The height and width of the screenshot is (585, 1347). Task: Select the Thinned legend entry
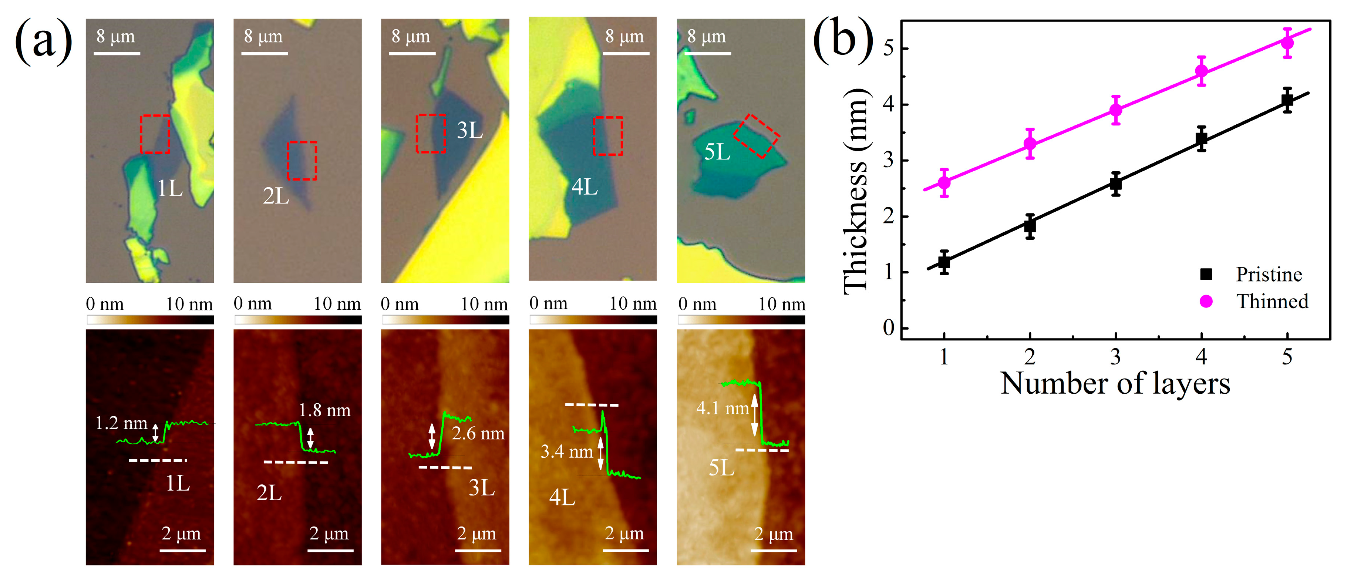point(1271,302)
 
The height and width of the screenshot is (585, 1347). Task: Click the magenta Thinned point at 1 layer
point(944,182)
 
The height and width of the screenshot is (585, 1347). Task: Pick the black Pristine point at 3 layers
point(1115,184)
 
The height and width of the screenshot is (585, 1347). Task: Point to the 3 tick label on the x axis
point(1115,357)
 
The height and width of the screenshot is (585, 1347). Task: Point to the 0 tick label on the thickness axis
point(888,328)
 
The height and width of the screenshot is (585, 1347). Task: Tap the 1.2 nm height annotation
point(121,423)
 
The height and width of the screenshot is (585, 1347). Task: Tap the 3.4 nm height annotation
point(566,451)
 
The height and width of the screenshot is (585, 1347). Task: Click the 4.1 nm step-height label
point(722,408)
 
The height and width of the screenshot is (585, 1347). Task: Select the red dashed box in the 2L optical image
point(302,161)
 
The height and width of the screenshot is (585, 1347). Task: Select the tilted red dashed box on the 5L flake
point(756,136)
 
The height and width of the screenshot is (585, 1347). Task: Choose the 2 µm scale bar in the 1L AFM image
point(182,549)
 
